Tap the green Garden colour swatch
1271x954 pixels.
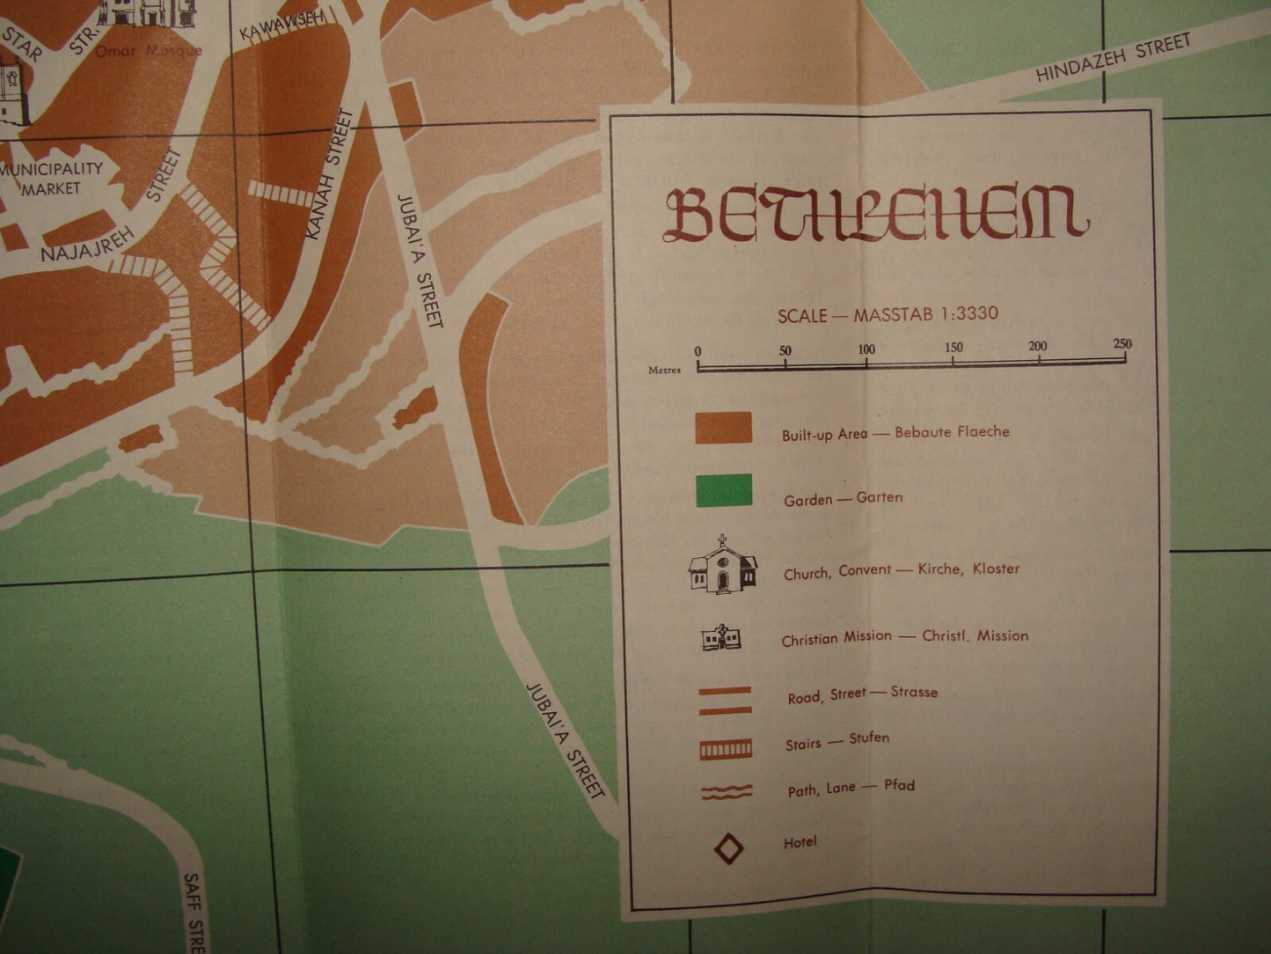(x=723, y=491)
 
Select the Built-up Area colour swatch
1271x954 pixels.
(x=723, y=428)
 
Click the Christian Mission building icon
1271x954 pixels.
(x=721, y=637)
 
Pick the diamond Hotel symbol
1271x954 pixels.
(x=727, y=848)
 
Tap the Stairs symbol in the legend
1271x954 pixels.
(x=726, y=749)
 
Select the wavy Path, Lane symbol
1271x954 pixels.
(x=726, y=792)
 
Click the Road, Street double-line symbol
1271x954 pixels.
(x=726, y=700)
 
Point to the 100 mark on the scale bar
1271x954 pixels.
(x=866, y=350)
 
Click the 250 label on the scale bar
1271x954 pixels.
(x=1122, y=344)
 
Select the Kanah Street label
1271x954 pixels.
(x=327, y=176)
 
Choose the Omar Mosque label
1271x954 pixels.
(x=148, y=51)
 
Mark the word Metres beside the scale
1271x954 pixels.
(x=665, y=371)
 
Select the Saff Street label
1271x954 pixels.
(x=194, y=911)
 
